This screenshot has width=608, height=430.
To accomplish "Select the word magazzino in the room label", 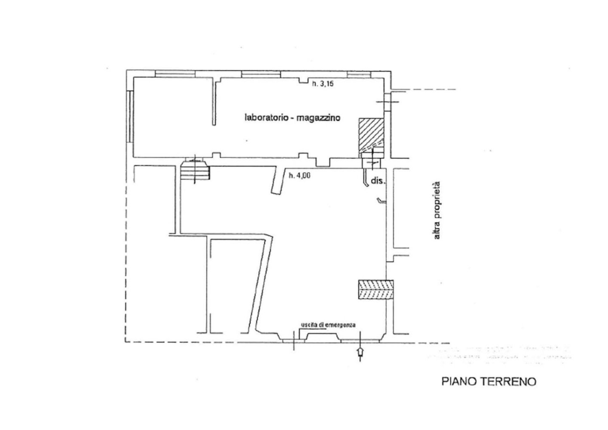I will click(318, 117).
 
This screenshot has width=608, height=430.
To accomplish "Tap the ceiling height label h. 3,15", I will click(323, 84).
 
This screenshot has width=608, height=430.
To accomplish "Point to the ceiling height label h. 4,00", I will click(299, 175).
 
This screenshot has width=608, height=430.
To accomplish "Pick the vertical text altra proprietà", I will click(437, 210).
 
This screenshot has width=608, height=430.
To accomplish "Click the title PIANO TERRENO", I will click(489, 381).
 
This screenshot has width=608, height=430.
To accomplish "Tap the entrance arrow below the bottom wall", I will click(360, 352).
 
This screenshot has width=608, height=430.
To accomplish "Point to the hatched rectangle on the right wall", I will click(376, 289).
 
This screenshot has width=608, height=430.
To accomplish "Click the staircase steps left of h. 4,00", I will click(196, 170).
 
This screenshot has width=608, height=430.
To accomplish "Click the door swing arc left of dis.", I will click(364, 179).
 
